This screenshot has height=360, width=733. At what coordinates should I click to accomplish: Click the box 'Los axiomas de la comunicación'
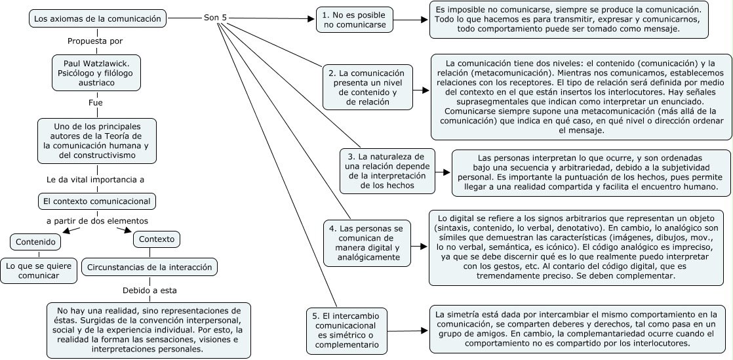click(x=97, y=19)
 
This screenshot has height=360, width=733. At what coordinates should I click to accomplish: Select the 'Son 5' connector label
click(x=216, y=19)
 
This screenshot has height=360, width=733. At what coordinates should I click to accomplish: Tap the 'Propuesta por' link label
click(x=96, y=41)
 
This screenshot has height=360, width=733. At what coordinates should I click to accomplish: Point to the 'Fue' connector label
click(x=96, y=103)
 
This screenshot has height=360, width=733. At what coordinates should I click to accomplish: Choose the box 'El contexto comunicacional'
click(x=96, y=201)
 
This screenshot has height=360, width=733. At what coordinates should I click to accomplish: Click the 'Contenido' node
click(x=35, y=242)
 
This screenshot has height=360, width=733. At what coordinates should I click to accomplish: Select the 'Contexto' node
click(x=157, y=239)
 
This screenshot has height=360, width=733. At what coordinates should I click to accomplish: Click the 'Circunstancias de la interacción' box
click(x=149, y=267)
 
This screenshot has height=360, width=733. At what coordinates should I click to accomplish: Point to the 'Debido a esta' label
click(x=149, y=290)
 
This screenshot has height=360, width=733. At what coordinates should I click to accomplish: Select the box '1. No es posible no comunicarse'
click(x=354, y=20)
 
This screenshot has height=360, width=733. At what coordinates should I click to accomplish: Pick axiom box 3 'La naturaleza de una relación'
click(x=387, y=171)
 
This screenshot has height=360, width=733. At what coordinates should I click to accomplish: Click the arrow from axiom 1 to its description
click(x=410, y=20)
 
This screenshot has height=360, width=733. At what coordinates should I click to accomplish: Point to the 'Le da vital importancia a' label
click(x=96, y=179)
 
